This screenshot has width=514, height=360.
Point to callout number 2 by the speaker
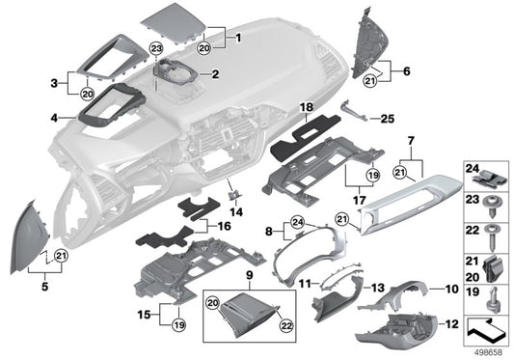coord(216,73)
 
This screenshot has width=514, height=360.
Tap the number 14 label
coord(236,210)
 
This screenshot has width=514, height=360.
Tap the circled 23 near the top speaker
coord(157,47)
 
